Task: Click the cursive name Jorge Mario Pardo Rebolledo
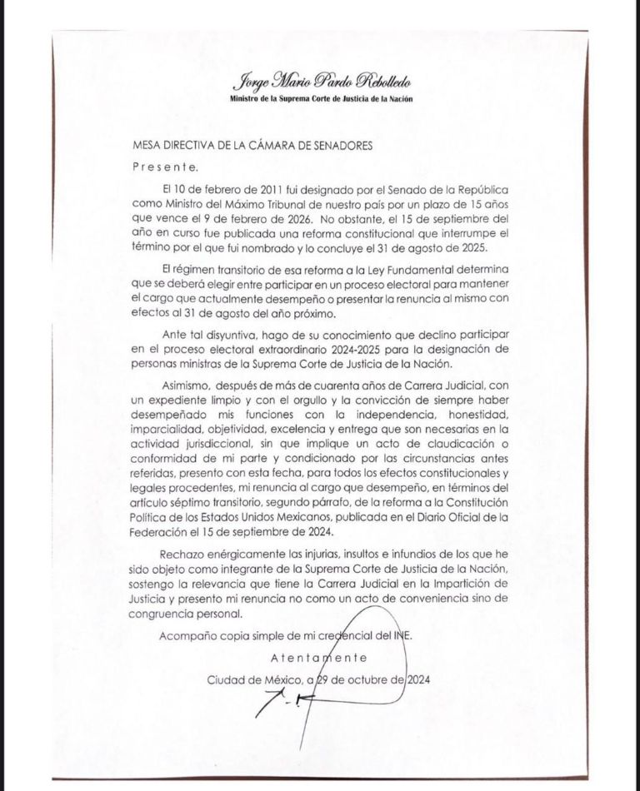click(x=319, y=82)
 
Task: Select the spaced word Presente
click(x=166, y=166)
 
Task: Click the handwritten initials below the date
click(x=277, y=709)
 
